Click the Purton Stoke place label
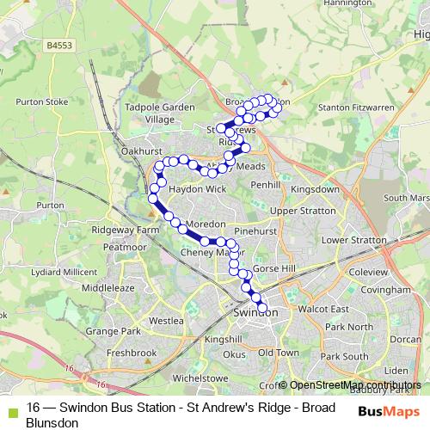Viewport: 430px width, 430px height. click(42, 101)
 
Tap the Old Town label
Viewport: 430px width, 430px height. click(279, 353)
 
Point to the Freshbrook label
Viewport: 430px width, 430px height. click(132, 353)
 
